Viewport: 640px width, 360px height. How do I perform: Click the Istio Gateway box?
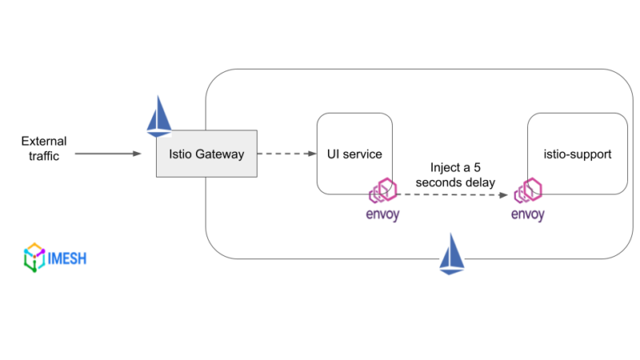tap(206, 154)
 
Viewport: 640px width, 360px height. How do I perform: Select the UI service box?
tap(354, 153)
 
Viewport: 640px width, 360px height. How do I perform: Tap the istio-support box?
tap(577, 153)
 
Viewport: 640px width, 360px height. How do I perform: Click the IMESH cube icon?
tap(34, 258)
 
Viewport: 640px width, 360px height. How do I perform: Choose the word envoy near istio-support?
tap(528, 214)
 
